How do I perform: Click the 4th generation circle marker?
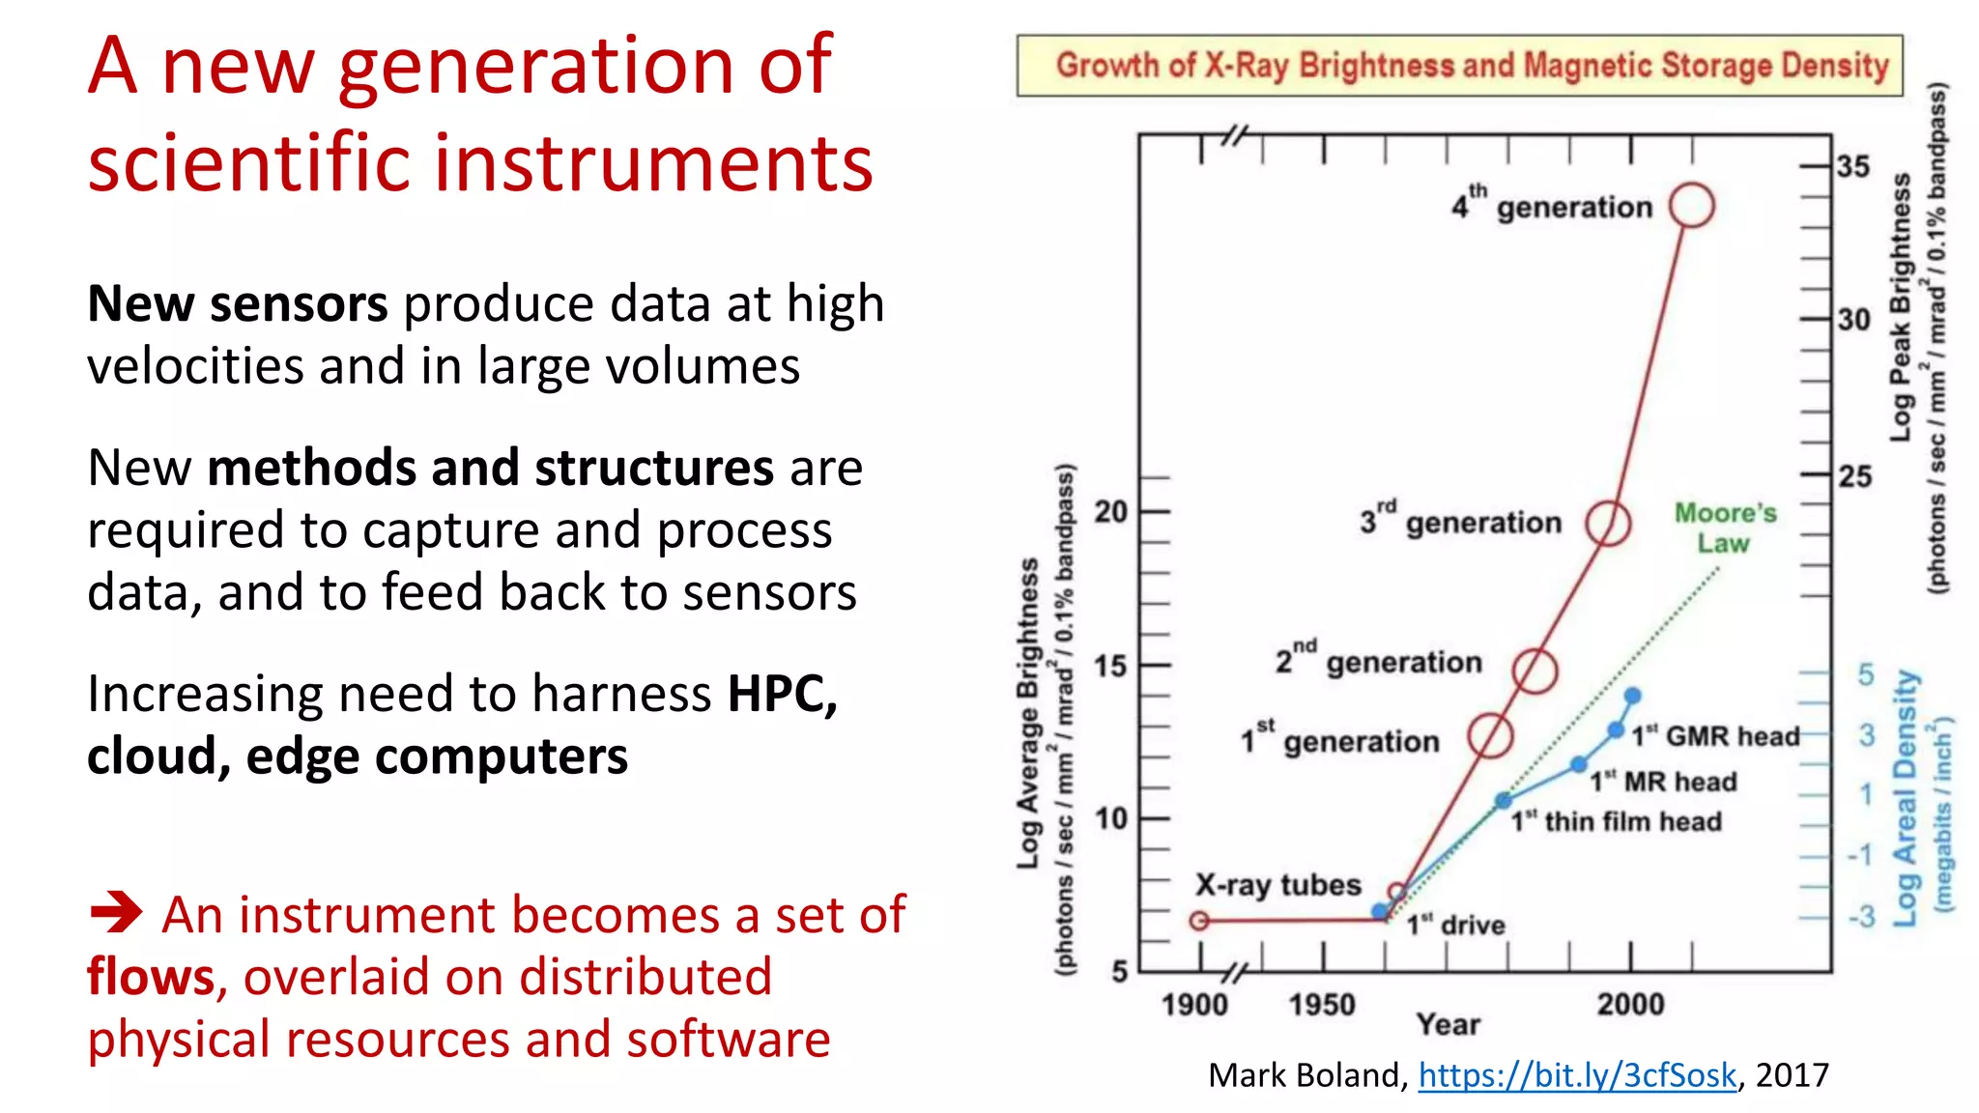(x=1691, y=206)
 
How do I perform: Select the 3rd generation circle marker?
(x=1608, y=524)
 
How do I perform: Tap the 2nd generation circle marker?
(x=1534, y=671)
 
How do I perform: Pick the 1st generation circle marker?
(x=1490, y=736)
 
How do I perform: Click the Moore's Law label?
(x=1725, y=528)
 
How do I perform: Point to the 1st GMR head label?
(x=1715, y=736)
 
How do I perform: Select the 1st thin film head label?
(x=1617, y=821)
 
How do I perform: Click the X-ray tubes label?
(x=1277, y=885)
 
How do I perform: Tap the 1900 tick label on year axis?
(x=1194, y=1005)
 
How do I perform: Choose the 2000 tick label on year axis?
(x=1630, y=1005)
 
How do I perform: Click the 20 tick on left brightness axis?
(x=1110, y=511)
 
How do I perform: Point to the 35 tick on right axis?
(x=1852, y=166)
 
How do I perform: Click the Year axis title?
(x=1448, y=1024)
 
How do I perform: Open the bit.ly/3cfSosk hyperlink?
(x=1576, y=1075)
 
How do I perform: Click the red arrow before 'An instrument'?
(x=116, y=912)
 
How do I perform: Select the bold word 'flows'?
(x=151, y=977)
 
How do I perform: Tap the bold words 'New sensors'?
(x=237, y=304)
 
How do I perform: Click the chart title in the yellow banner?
(x=1471, y=66)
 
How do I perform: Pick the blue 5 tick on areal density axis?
(x=1865, y=674)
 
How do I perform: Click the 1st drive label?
(x=1455, y=926)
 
